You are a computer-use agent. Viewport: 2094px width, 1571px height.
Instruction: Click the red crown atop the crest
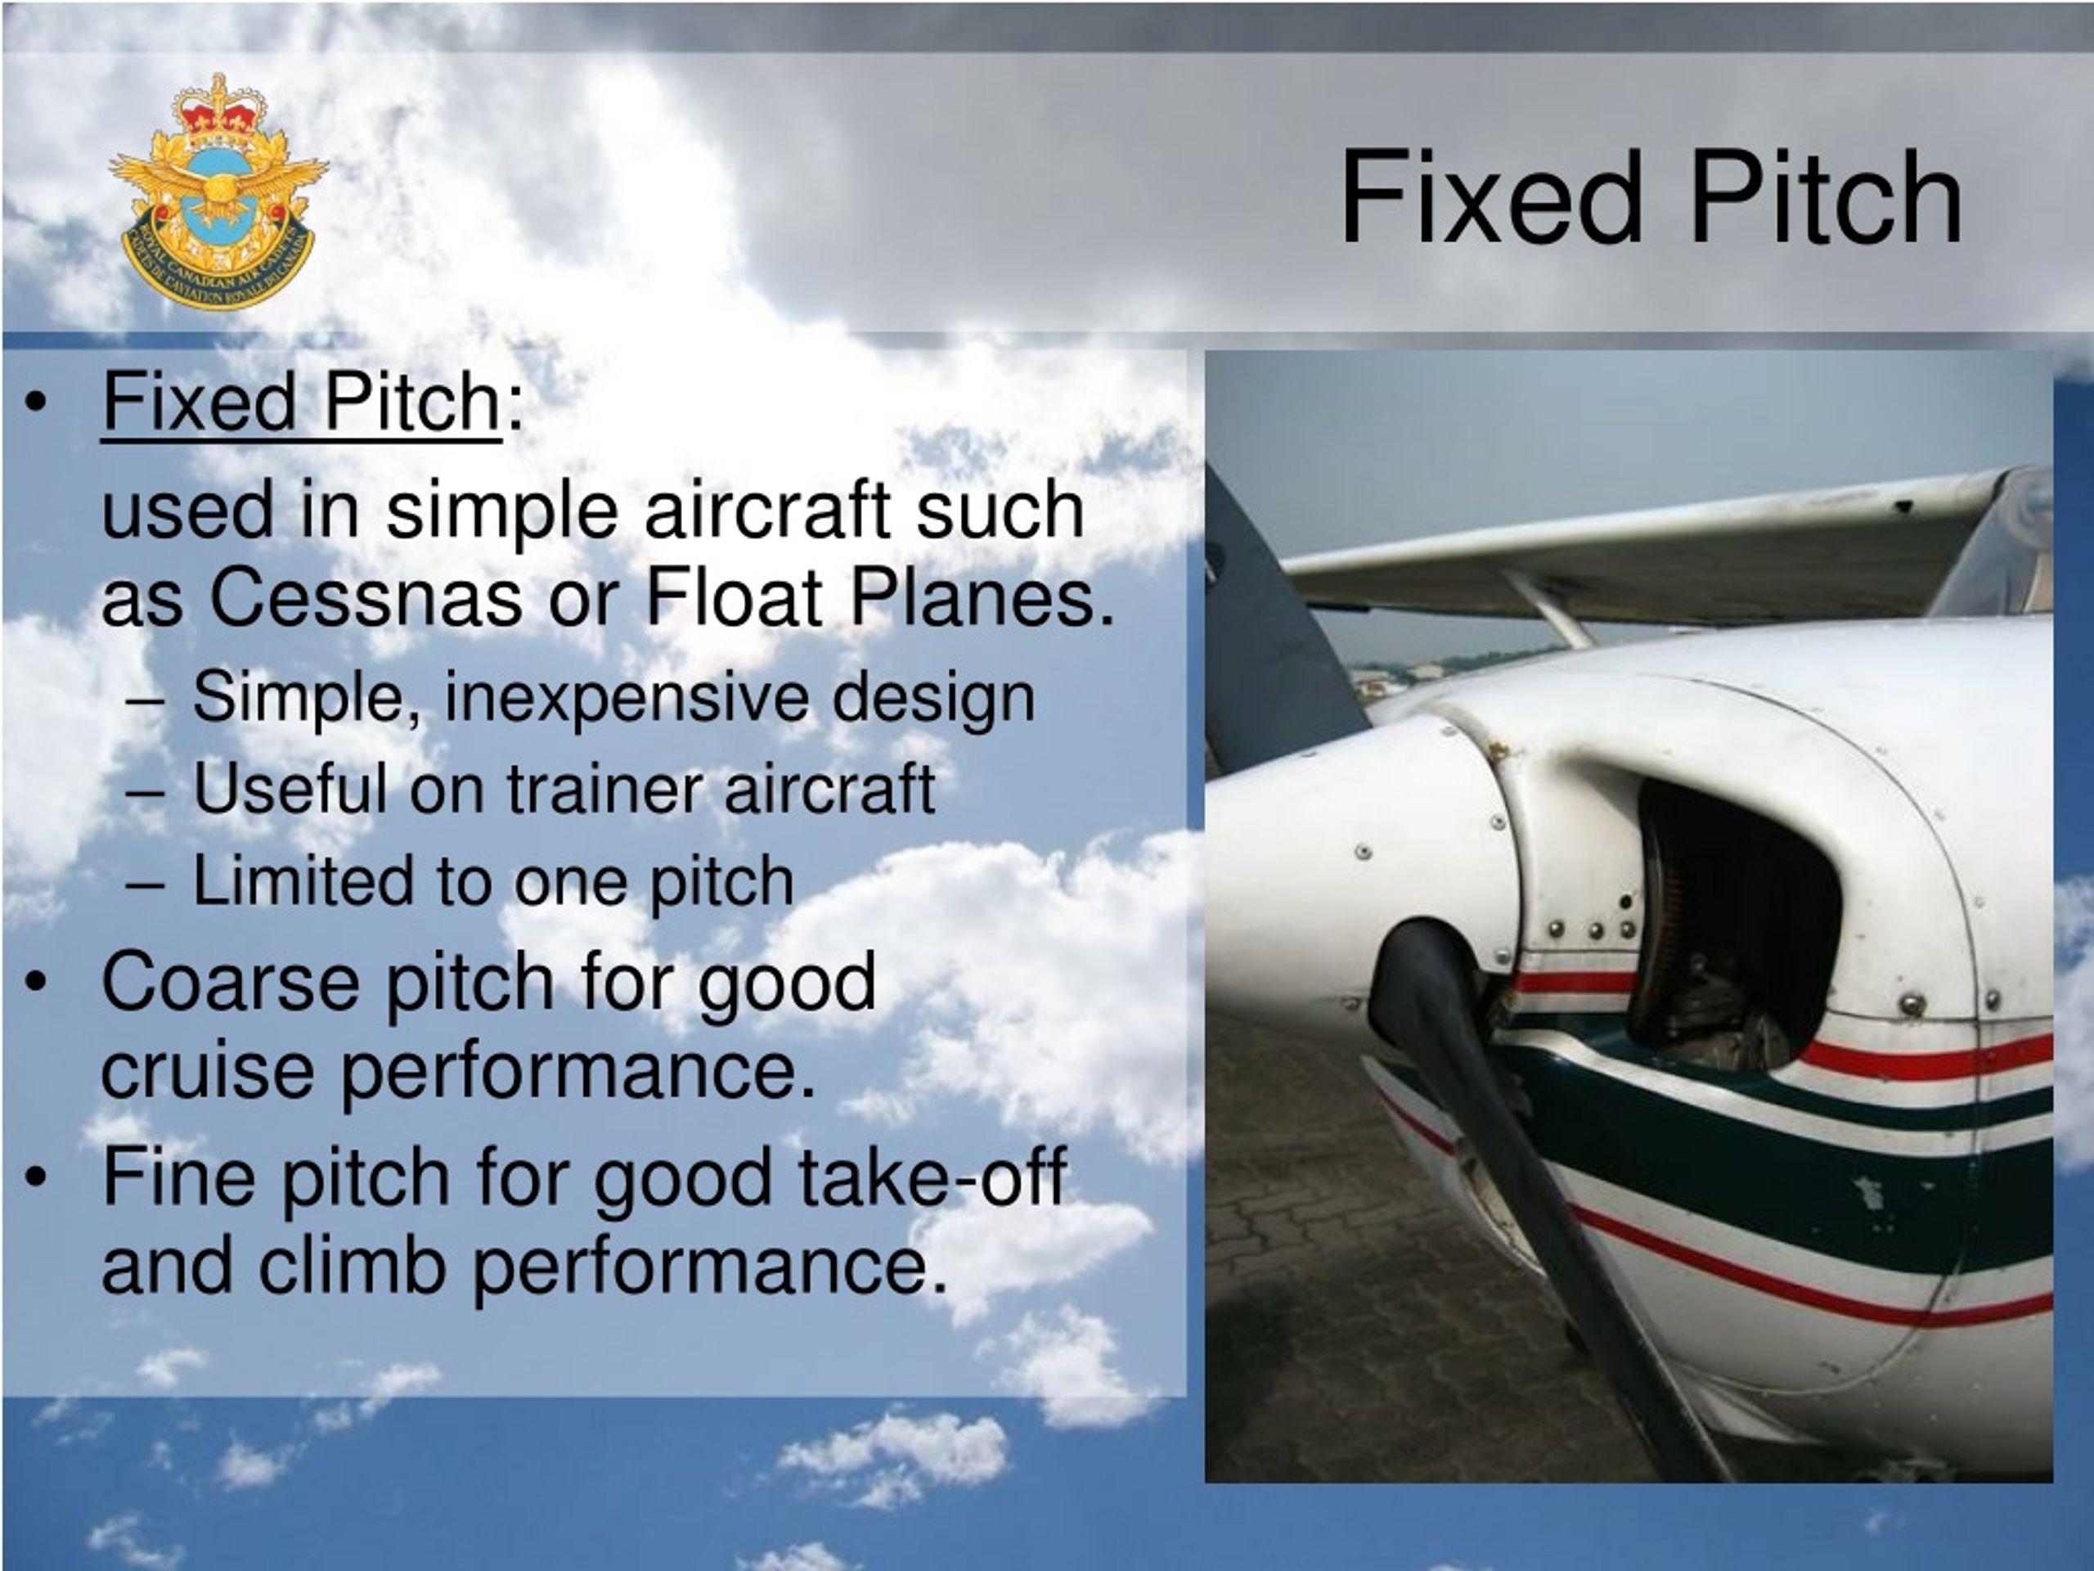coord(218,109)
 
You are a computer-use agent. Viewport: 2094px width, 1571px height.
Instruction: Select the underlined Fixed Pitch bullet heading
coord(300,402)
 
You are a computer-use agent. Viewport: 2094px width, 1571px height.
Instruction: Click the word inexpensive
coord(627,698)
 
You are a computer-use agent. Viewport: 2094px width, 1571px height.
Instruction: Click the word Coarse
coord(230,982)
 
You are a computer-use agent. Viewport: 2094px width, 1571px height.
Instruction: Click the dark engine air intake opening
coord(1732,923)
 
